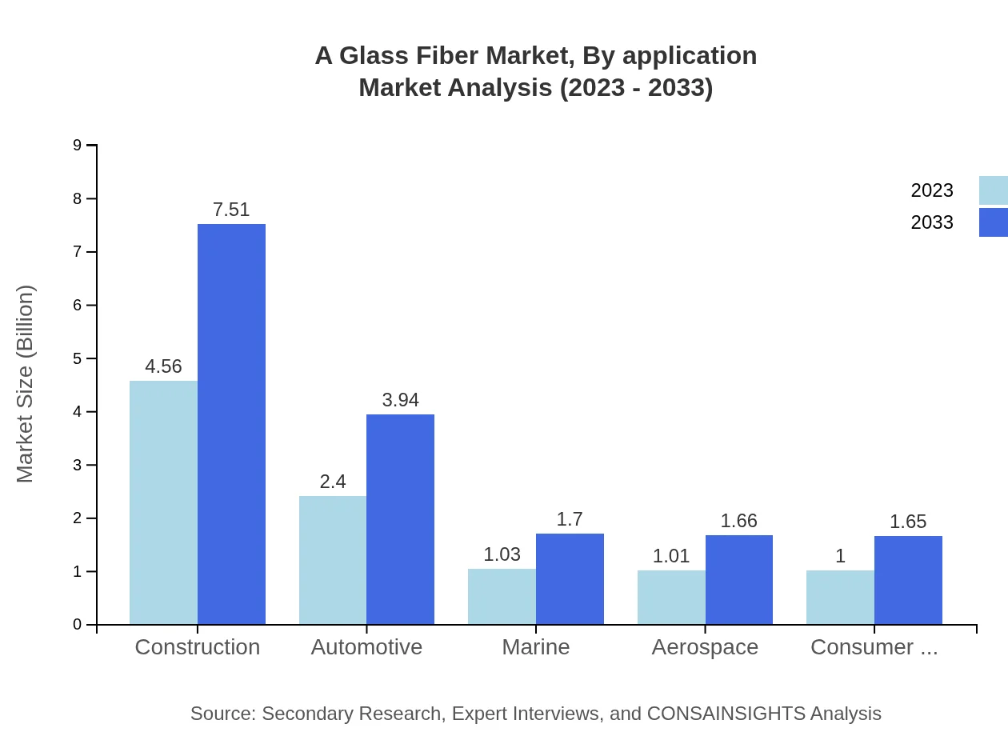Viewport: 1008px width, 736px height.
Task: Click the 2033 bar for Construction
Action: pos(231,424)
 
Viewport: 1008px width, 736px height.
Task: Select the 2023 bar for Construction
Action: pos(163,502)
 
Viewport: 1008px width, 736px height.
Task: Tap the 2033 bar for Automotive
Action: pos(400,519)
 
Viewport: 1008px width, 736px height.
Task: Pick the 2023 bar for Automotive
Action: pos(333,560)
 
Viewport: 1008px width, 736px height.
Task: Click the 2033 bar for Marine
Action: pos(570,578)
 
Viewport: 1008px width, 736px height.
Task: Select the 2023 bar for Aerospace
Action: pos(671,597)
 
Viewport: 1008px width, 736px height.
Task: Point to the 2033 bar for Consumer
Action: pos(908,580)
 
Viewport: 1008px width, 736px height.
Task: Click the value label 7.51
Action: pos(231,210)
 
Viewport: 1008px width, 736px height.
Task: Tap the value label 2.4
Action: pos(333,482)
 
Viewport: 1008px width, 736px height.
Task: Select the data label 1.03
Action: pos(502,554)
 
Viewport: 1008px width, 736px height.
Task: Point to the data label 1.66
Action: pos(738,521)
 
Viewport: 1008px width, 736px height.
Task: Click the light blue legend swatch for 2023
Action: pos(993,190)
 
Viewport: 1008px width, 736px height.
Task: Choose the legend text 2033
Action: pos(932,222)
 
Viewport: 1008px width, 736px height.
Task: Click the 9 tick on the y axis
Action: pos(78,145)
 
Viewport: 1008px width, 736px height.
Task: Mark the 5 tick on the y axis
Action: pos(78,358)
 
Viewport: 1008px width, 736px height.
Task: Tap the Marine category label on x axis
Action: pos(536,647)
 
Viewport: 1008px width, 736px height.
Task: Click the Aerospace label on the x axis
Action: pos(705,647)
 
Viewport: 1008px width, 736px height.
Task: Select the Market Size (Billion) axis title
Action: pos(26,384)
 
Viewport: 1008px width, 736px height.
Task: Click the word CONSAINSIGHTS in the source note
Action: pos(726,714)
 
